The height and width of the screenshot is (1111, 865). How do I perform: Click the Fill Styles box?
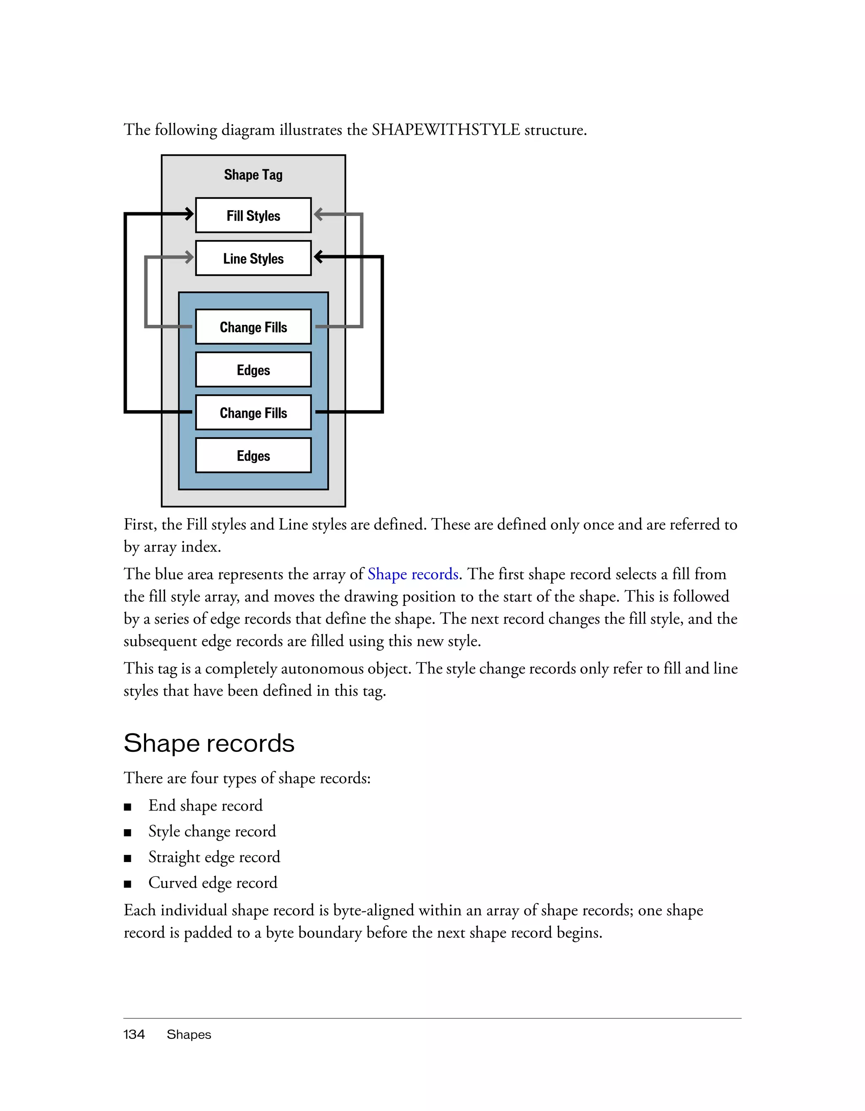click(253, 215)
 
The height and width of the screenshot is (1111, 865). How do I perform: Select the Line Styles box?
click(253, 258)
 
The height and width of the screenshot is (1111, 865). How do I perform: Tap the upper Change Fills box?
click(253, 327)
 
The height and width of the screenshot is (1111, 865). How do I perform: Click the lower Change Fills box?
click(253, 413)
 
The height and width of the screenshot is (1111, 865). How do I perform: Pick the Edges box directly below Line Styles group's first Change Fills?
click(253, 370)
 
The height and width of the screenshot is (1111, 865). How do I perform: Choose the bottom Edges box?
click(253, 456)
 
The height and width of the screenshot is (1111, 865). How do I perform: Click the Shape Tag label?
click(253, 175)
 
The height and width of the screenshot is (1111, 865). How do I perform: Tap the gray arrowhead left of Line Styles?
click(189, 257)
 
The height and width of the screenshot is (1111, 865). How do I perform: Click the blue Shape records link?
click(413, 574)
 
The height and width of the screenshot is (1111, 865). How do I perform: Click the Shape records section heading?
click(209, 743)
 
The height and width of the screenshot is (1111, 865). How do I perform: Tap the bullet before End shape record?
click(128, 807)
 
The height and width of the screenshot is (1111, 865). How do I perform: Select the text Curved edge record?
click(212, 883)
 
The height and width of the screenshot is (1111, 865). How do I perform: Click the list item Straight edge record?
click(214, 857)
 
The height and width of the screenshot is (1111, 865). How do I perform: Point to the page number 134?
click(134, 1034)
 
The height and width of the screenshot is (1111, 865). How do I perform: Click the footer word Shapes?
click(188, 1034)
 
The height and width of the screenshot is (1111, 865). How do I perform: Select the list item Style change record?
click(212, 831)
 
